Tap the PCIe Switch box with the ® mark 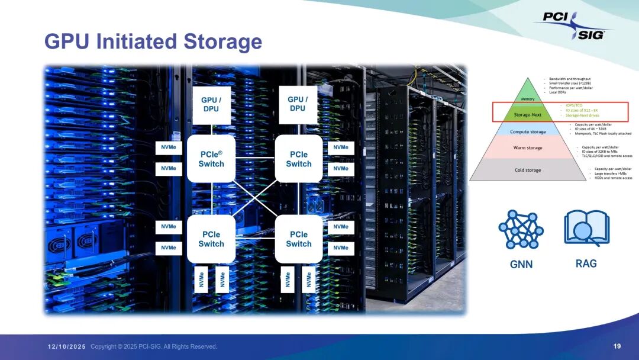(211, 159)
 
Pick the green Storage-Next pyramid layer (527, 114)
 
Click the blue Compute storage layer (527, 132)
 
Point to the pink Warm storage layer (527, 148)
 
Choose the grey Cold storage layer (527, 170)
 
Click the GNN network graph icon (521, 229)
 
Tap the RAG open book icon (586, 229)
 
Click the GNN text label (521, 264)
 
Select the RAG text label (586, 263)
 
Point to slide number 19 (617, 346)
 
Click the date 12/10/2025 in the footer (67, 346)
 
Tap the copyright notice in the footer (154, 346)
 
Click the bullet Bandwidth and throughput (569, 79)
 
